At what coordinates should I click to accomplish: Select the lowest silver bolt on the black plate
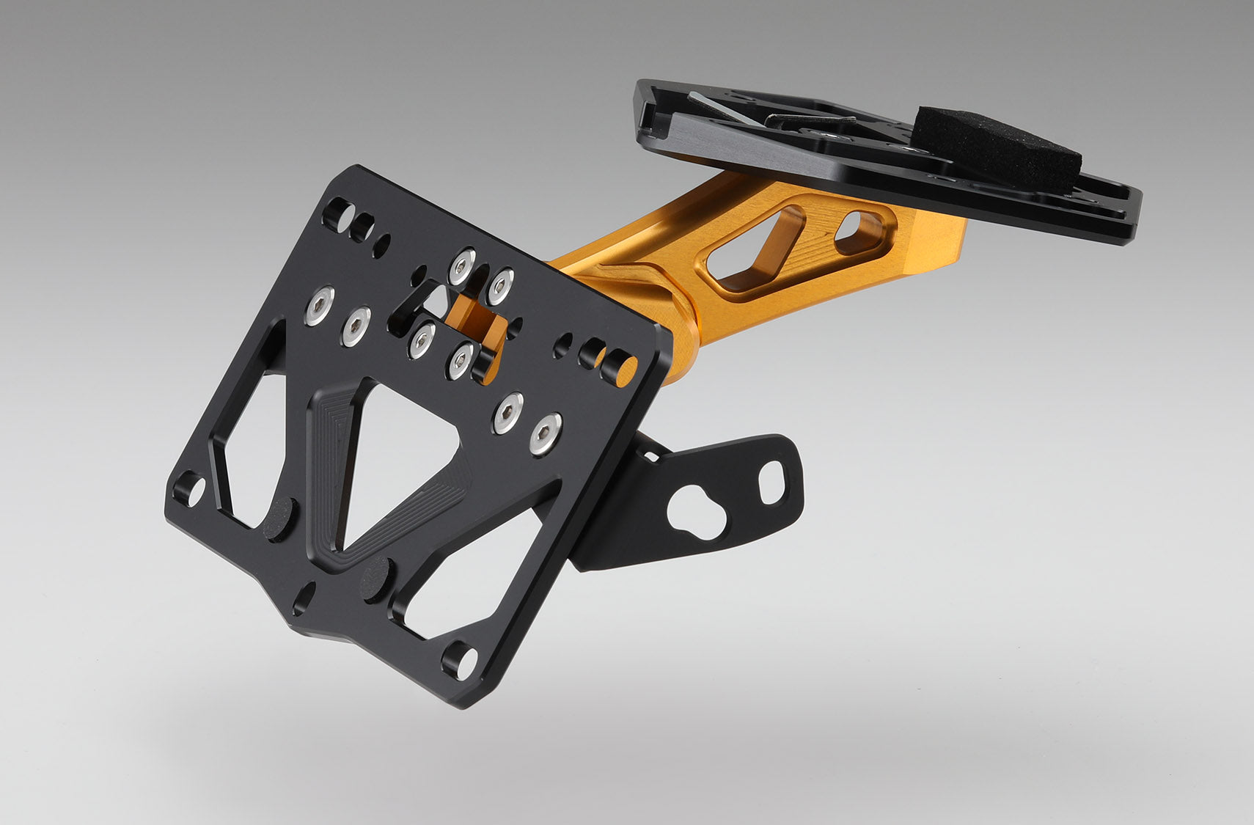(x=545, y=433)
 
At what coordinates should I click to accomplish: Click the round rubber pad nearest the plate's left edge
(x=282, y=519)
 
